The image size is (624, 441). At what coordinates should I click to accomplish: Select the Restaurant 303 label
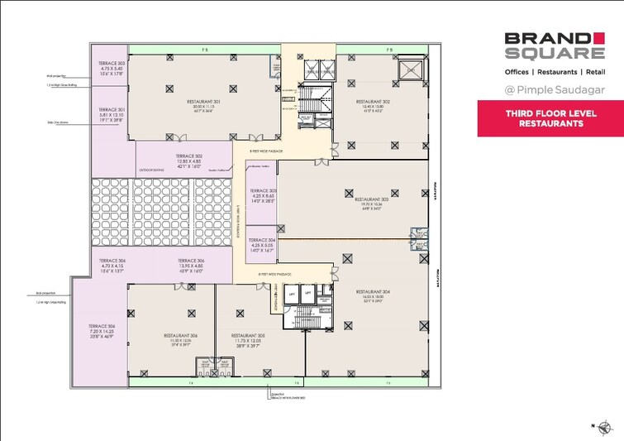(x=372, y=199)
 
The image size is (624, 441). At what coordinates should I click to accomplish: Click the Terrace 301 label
(x=110, y=109)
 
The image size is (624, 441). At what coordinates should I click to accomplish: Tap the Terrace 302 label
(x=189, y=156)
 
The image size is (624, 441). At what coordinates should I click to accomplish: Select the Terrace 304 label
(x=261, y=239)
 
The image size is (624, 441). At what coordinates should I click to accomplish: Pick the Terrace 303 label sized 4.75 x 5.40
(x=110, y=64)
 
